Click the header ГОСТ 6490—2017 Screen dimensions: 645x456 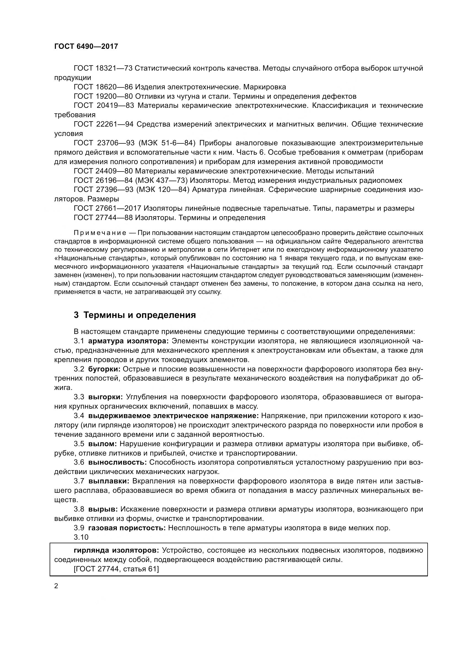(x=86, y=46)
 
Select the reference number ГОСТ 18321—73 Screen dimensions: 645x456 (x=103, y=68)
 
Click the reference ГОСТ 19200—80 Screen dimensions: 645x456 (x=103, y=96)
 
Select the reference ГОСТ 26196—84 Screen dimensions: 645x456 (x=103, y=180)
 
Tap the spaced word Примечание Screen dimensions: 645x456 (x=100, y=233)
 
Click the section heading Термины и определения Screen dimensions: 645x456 (x=140, y=315)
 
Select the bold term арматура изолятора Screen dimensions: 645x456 (x=128, y=341)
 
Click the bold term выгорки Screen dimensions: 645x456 (x=105, y=397)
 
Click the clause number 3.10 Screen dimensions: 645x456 (x=81, y=537)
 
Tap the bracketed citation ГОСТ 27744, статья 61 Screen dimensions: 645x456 (x=116, y=569)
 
